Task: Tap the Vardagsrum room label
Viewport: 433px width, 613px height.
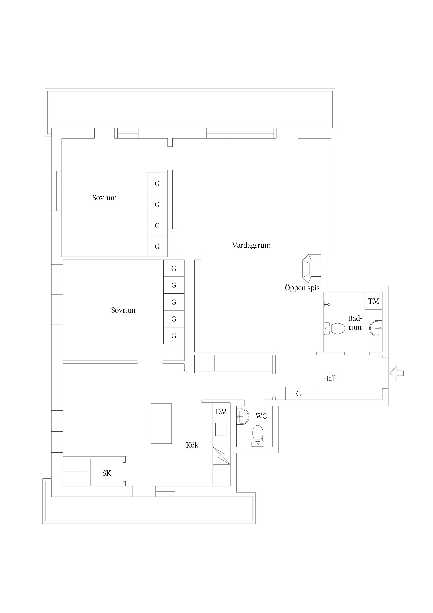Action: point(251,245)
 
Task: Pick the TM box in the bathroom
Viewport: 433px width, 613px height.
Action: point(373,301)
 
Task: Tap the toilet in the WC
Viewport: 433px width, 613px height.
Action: point(258,436)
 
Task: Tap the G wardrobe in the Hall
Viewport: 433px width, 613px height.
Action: point(299,393)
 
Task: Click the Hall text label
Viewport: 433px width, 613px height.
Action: point(329,378)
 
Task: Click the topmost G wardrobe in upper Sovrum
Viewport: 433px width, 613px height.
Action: point(157,183)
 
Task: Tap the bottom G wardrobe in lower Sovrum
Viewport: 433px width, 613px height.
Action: point(174,336)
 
